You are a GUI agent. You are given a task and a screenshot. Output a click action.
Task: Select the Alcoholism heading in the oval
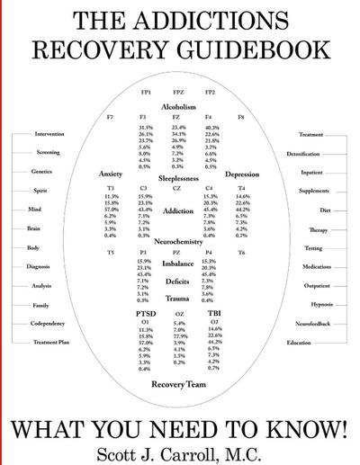tap(178, 107)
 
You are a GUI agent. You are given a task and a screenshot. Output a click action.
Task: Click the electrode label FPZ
tap(178, 92)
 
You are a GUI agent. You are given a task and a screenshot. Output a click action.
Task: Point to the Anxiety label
tap(110, 174)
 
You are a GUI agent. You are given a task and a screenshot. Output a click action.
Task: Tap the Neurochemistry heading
tap(178, 242)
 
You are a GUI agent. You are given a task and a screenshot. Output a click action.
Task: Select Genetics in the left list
tap(41, 172)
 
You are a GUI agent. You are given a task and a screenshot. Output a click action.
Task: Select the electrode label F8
tap(240, 118)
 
